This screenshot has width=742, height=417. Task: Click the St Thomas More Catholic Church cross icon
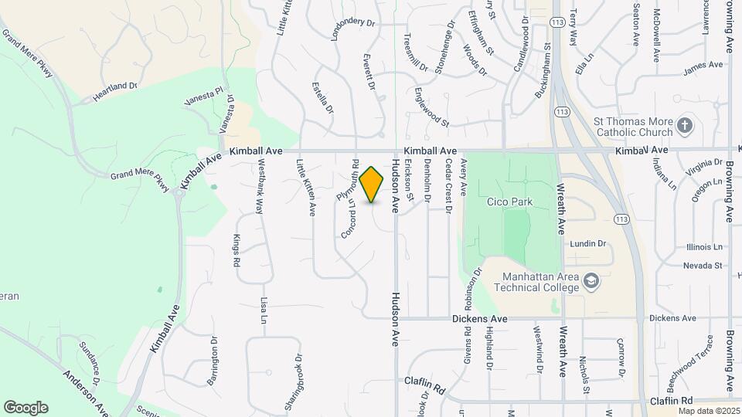pos(683,125)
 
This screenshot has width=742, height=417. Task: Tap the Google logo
pos(25,407)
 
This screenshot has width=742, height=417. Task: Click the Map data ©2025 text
pos(708,410)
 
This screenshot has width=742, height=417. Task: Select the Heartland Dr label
pos(114,91)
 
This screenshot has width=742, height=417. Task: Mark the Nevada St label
pos(702,266)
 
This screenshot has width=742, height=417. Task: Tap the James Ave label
pos(703,69)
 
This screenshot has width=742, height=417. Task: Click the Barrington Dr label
pos(213,356)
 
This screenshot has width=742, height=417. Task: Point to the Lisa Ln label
pos(264,310)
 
